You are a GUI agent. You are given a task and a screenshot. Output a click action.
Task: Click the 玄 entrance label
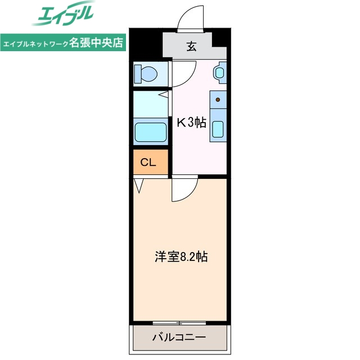point(192,47)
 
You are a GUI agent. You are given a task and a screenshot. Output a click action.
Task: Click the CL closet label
point(148,163)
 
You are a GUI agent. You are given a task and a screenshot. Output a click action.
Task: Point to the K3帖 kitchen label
point(192,122)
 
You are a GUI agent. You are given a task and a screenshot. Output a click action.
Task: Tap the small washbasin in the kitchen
point(219,72)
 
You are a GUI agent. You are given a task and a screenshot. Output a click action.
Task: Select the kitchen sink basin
point(218,130)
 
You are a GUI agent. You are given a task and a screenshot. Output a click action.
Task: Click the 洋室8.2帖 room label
point(181,257)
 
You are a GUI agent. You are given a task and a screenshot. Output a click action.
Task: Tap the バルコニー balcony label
point(179,338)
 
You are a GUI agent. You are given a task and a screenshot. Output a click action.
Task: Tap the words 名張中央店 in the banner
point(96,43)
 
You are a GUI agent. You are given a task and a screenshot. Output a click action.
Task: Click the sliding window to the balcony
point(179,322)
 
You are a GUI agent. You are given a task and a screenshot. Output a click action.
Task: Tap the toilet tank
point(138,73)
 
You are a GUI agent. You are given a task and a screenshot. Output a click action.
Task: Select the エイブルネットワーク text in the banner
point(36,43)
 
